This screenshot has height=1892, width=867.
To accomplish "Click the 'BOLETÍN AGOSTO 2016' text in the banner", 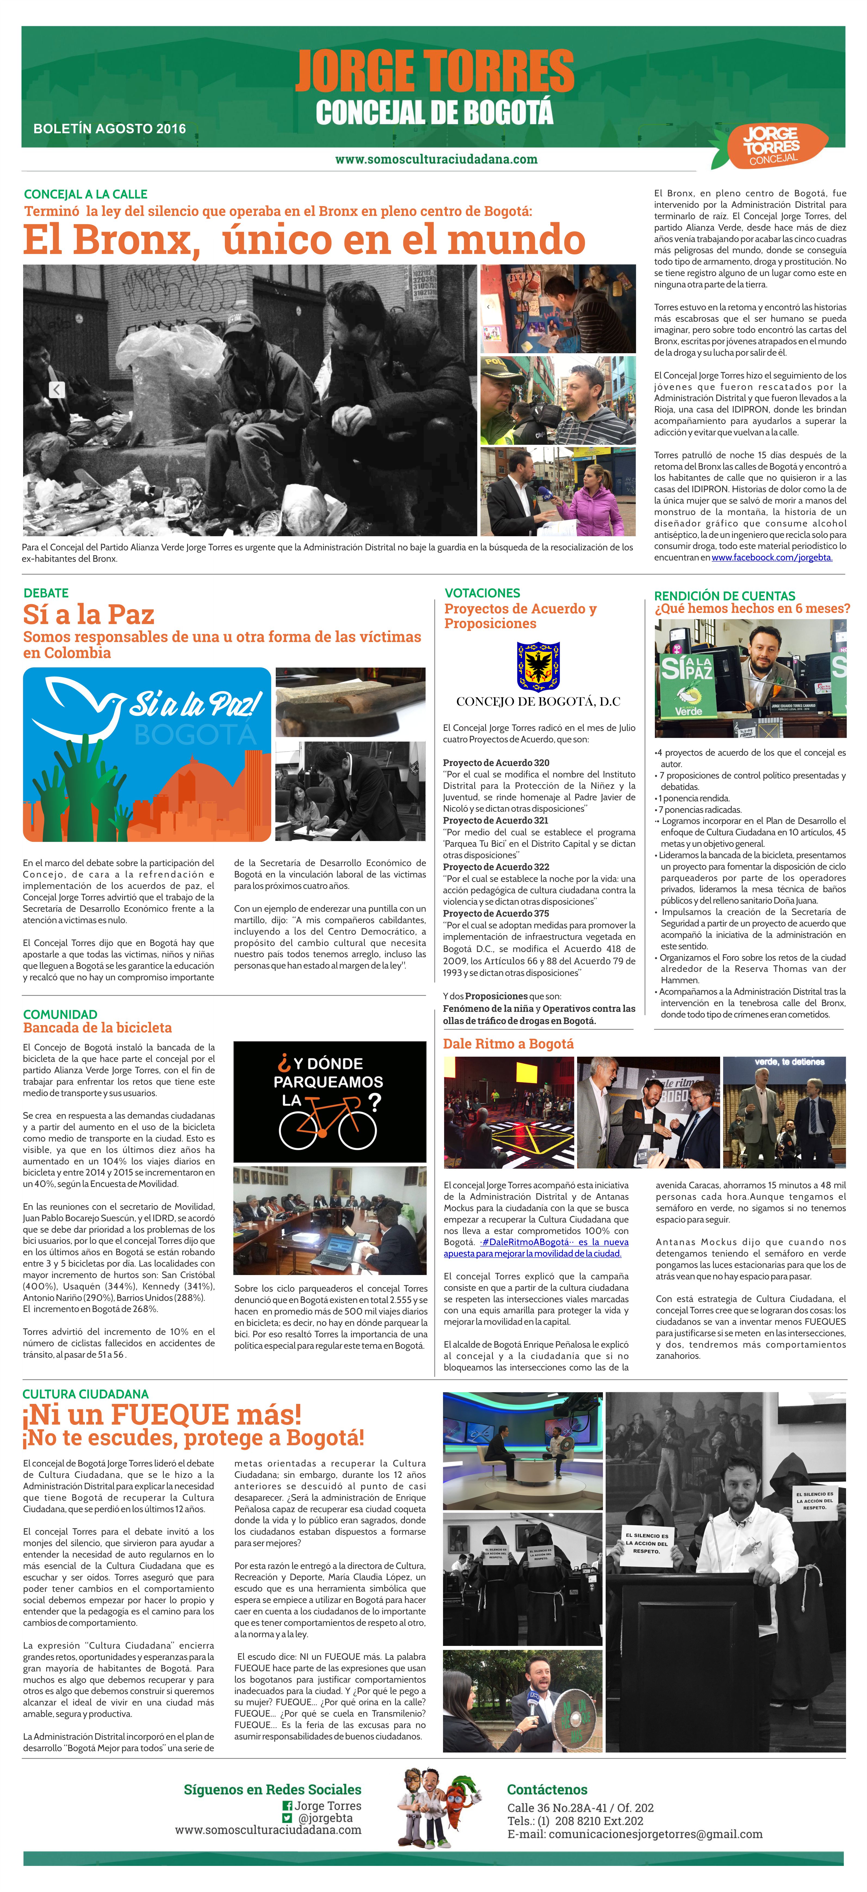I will (110, 129).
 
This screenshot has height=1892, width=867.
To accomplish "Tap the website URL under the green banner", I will (436, 159).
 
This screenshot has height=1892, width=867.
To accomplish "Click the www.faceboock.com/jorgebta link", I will (772, 557).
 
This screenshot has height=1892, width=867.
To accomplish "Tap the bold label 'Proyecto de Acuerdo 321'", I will (495, 820).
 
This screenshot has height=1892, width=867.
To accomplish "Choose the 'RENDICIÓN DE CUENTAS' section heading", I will (724, 596).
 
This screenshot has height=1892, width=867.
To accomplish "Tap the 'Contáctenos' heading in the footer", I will (547, 1790).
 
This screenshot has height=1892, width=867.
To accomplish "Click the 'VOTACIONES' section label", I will (482, 593).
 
